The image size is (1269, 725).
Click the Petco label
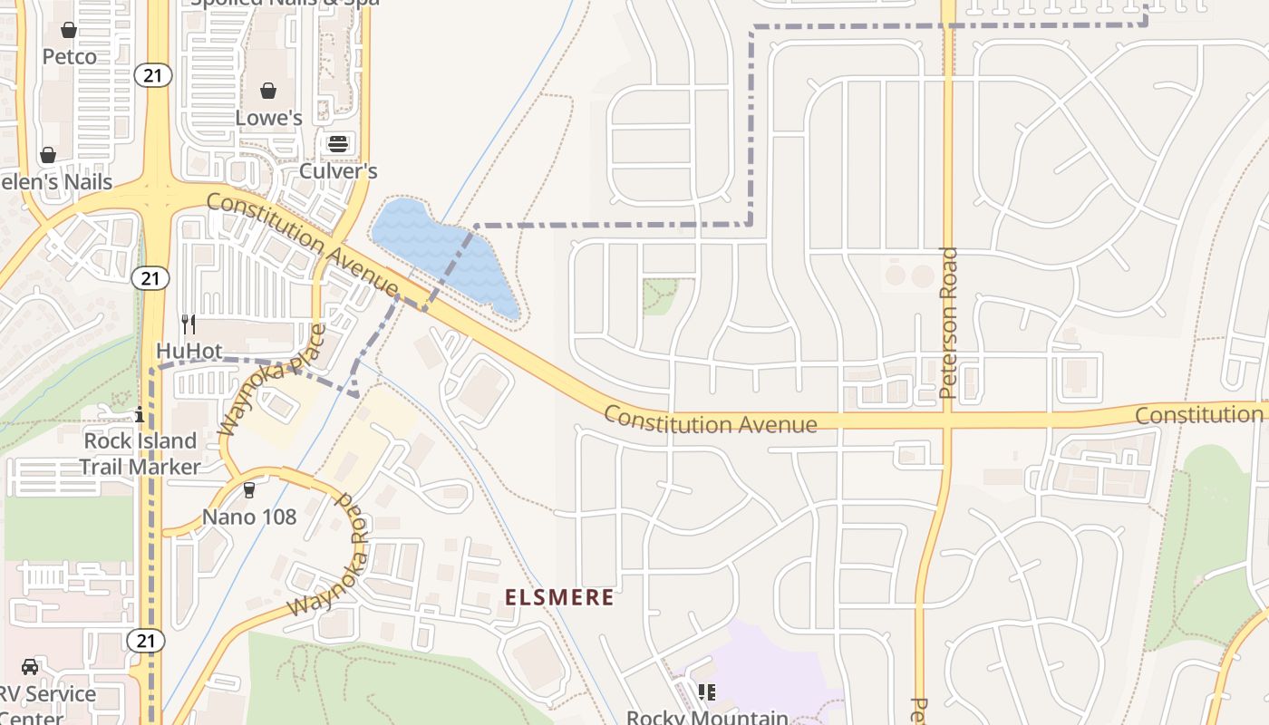pyautogui.click(x=69, y=57)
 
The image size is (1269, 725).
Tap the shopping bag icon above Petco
pyautogui.click(x=69, y=30)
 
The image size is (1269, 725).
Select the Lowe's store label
pyautogui.click(x=268, y=118)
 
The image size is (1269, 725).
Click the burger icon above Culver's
pyautogui.click(x=338, y=144)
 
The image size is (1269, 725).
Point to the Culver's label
pyautogui.click(x=338, y=170)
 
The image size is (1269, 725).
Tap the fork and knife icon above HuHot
pyautogui.click(x=189, y=323)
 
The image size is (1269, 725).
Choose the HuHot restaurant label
pyautogui.click(x=189, y=350)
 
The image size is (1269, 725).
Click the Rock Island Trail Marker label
pyautogui.click(x=140, y=453)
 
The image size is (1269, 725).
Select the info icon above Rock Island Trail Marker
pyautogui.click(x=140, y=416)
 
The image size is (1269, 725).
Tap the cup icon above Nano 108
pyautogui.click(x=249, y=490)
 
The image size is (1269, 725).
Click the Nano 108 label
pyautogui.click(x=249, y=517)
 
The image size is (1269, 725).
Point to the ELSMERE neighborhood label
pyautogui.click(x=559, y=597)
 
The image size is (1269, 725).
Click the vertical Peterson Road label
pyautogui.click(x=949, y=323)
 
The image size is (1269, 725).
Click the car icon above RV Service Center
pyautogui.click(x=30, y=667)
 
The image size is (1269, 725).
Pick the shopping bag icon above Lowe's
pyautogui.click(x=268, y=91)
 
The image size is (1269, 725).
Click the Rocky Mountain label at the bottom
pyautogui.click(x=707, y=717)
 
